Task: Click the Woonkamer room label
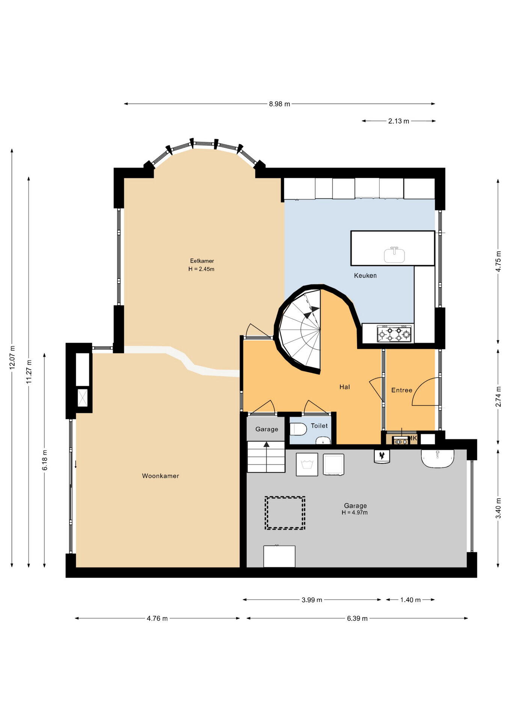coord(160,476)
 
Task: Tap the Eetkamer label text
coord(202,261)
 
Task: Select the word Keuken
coord(365,275)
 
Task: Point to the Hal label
coord(345,387)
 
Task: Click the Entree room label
coord(402,390)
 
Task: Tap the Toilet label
coord(319,426)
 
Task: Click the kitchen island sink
coord(394,255)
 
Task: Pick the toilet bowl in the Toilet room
coord(298,429)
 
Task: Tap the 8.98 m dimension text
coord(279,104)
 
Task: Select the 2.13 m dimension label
coord(398,121)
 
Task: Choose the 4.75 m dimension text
coord(498,261)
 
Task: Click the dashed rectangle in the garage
coord(285,513)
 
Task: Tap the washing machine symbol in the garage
coord(307,464)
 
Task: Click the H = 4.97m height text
coord(355,513)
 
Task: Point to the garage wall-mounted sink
coord(438,458)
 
